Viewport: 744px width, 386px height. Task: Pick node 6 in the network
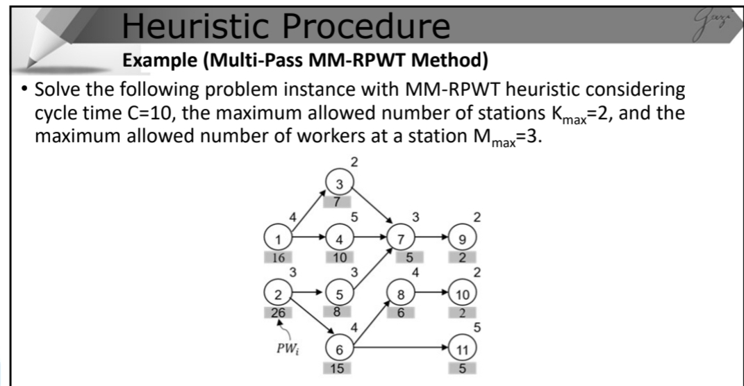coord(339,349)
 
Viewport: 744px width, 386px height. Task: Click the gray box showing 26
coord(278,312)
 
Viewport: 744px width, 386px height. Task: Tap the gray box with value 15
coord(339,367)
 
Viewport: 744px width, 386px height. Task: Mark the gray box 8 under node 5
coord(339,312)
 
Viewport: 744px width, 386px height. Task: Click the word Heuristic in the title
coord(181,26)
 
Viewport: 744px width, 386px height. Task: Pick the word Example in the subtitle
coord(160,61)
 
